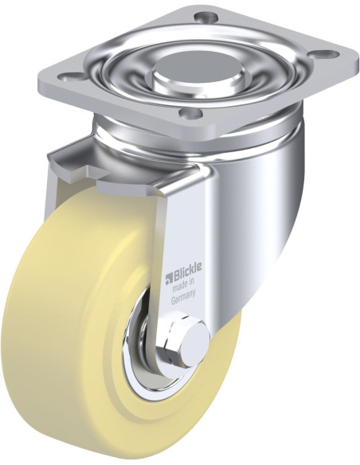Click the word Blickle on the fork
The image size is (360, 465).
tap(188, 278)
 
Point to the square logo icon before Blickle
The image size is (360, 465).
tap(169, 278)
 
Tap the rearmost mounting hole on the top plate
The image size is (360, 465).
tap(209, 16)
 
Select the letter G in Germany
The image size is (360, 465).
tap(174, 303)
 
